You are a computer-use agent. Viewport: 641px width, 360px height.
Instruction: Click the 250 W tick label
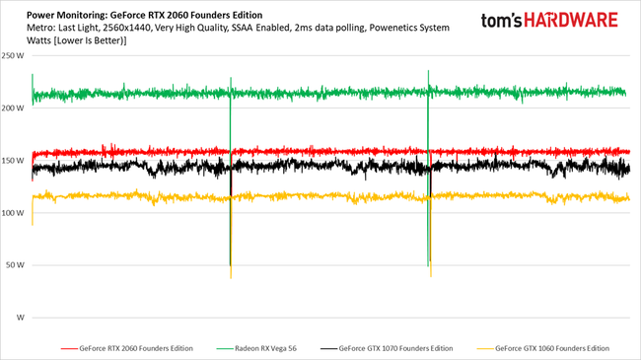pyautogui.click(x=16, y=56)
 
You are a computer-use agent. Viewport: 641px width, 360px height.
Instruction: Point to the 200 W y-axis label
pyautogui.click(x=16, y=108)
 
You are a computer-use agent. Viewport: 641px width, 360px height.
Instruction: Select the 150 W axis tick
pyautogui.click(x=16, y=161)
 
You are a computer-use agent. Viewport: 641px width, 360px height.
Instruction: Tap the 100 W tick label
pyautogui.click(x=16, y=213)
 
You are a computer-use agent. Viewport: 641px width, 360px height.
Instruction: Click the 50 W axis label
pyautogui.click(x=18, y=265)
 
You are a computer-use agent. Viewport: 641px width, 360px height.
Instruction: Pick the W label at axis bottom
pyautogui.click(x=22, y=318)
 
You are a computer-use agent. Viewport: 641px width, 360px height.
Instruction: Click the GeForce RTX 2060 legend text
pyautogui.click(x=136, y=348)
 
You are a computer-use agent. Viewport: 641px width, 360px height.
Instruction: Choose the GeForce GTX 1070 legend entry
pyautogui.click(x=395, y=348)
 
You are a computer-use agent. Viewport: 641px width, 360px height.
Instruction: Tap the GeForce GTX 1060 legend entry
pyautogui.click(x=553, y=348)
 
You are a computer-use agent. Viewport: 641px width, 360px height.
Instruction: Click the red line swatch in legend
pyautogui.click(x=69, y=348)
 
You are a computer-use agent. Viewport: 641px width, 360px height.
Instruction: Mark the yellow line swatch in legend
pyautogui.click(x=484, y=348)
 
